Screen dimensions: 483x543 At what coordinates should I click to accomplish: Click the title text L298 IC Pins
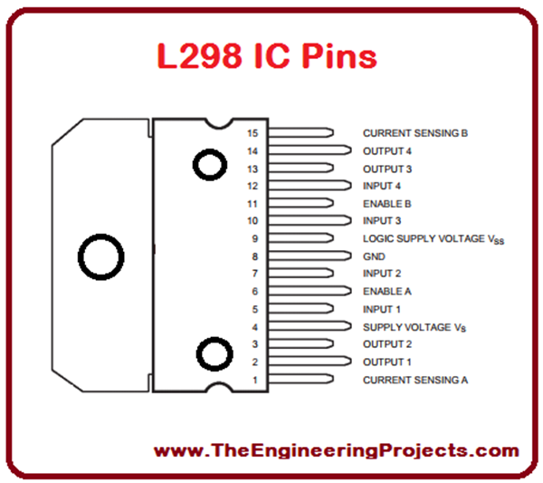tap(267, 56)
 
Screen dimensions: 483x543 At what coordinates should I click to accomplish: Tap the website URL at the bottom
tap(337, 450)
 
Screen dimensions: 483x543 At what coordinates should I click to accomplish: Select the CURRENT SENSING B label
tap(414, 133)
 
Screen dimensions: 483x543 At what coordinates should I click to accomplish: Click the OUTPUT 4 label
tap(387, 150)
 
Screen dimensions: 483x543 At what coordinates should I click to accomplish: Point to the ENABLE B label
tap(387, 204)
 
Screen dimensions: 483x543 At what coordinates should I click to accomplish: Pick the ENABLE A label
tap(387, 292)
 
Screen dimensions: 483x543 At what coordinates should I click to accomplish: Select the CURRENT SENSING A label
tap(414, 380)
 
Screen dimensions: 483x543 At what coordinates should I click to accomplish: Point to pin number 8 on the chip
tap(255, 256)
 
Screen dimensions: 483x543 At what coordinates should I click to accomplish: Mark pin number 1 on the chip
tap(255, 380)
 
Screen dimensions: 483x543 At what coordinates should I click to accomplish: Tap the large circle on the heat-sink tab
tap(100, 256)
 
